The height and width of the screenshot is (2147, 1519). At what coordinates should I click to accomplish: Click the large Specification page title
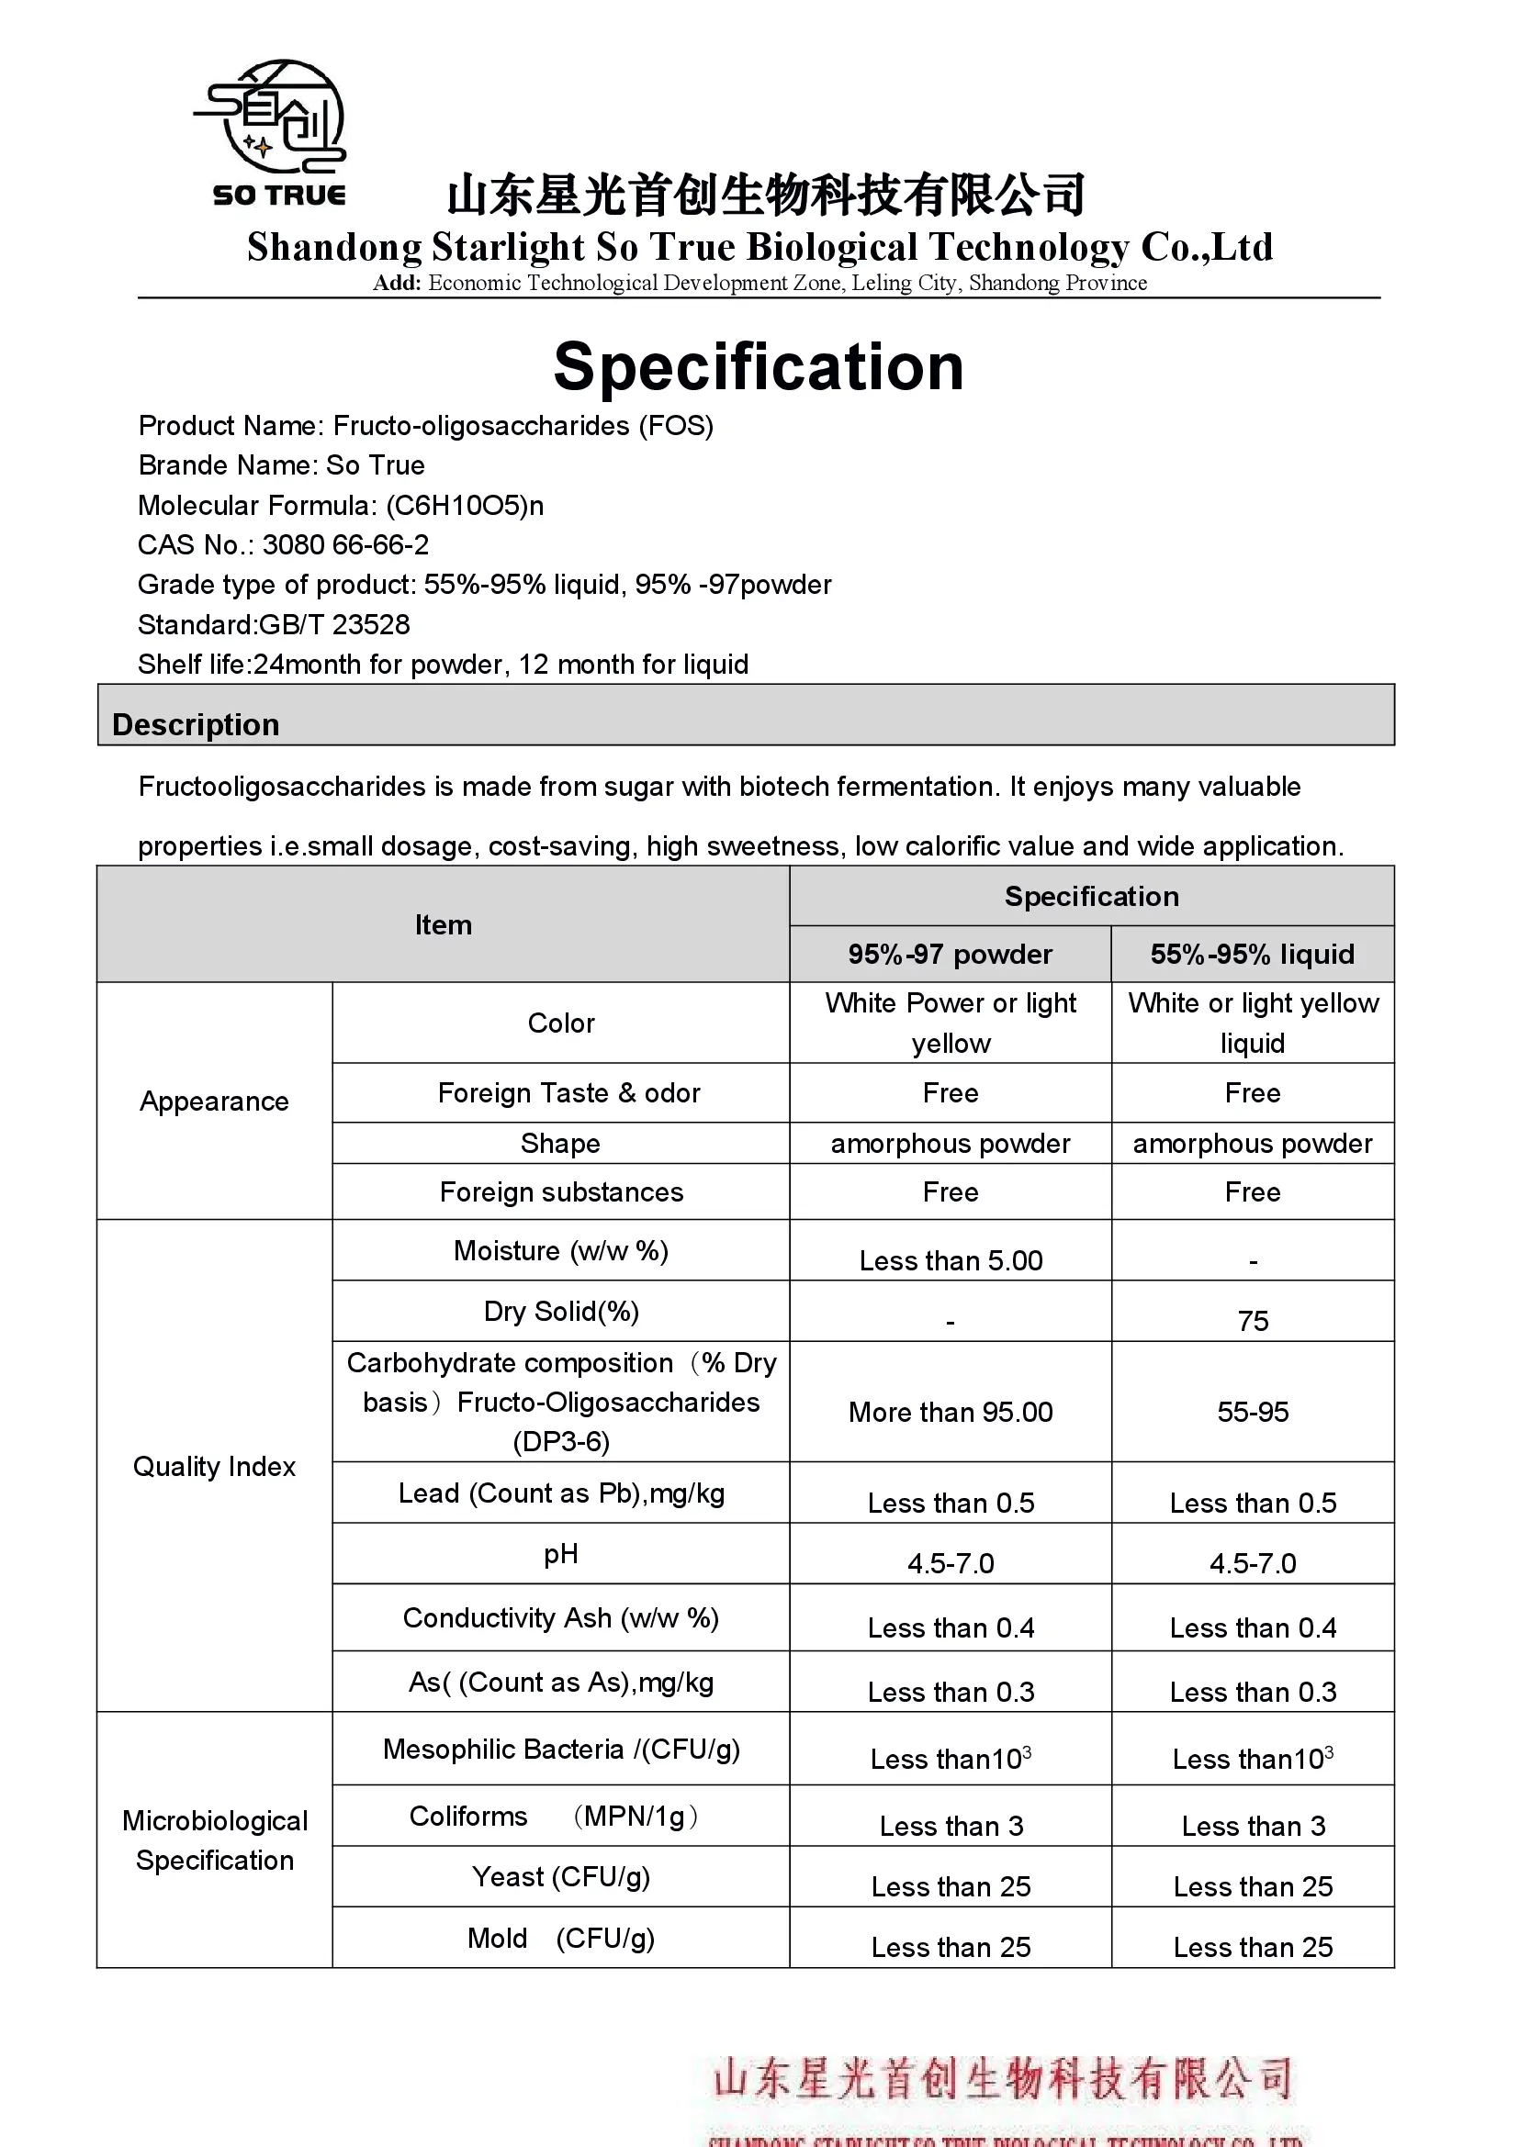[759, 366]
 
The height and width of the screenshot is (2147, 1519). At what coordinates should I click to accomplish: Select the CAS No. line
[284, 544]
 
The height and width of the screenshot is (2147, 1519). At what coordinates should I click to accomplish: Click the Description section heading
[196, 725]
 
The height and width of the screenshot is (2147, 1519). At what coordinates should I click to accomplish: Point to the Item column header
[444, 925]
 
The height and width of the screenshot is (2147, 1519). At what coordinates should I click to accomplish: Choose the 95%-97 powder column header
[950, 954]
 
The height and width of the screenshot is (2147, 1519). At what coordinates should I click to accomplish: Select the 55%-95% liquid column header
[1252, 954]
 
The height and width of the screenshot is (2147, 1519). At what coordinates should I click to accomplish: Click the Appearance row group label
[214, 1101]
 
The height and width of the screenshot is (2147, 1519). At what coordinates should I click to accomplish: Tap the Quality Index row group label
[214, 1466]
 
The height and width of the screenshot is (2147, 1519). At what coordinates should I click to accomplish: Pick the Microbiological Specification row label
[214, 1840]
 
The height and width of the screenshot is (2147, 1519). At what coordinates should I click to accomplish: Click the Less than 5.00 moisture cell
[951, 1260]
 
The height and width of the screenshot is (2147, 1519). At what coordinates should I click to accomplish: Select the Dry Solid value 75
[1253, 1320]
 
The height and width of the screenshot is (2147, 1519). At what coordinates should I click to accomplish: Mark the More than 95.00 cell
[951, 1412]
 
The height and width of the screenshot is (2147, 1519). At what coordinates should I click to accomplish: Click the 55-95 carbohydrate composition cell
[1253, 1412]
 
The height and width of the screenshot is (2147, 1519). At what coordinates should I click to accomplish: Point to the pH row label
[560, 1554]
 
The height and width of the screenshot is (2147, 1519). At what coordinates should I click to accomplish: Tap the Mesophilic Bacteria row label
[560, 1749]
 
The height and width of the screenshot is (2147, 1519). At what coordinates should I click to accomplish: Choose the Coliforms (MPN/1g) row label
[555, 1816]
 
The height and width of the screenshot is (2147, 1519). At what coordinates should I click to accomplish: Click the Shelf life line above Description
[443, 664]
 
